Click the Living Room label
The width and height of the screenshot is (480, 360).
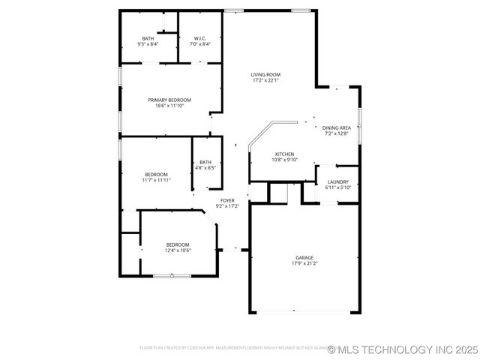pos(265,74)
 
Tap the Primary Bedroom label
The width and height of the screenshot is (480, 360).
pos(169,100)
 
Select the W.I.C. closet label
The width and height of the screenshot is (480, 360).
pos(200,38)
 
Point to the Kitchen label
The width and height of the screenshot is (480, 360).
pos(284,154)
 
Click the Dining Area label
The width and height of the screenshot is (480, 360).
pos(337,127)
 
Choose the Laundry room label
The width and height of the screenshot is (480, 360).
pos(337,181)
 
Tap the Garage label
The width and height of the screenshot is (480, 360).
pos(304,258)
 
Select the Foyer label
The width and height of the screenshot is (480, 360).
pos(227,200)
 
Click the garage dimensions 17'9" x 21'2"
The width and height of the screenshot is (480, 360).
pos(304,264)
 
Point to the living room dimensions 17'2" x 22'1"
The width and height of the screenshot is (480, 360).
pos(265,80)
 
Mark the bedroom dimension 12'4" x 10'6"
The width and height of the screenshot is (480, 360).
pos(178,250)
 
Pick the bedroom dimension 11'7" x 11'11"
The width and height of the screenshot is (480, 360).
pos(156,180)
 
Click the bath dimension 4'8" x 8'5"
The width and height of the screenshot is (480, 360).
pos(205,168)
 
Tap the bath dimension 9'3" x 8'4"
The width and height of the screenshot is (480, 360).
pos(148,44)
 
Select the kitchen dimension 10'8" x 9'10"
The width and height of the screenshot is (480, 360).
pos(284,160)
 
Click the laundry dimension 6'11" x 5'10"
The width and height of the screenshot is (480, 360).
pos(337,187)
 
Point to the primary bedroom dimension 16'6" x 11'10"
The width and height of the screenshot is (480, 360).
pos(169,106)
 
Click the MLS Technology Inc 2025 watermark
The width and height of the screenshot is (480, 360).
pos(403,349)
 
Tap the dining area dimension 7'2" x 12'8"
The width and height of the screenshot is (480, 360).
pos(337,133)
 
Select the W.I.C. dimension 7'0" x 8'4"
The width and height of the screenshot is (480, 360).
pos(200,44)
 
